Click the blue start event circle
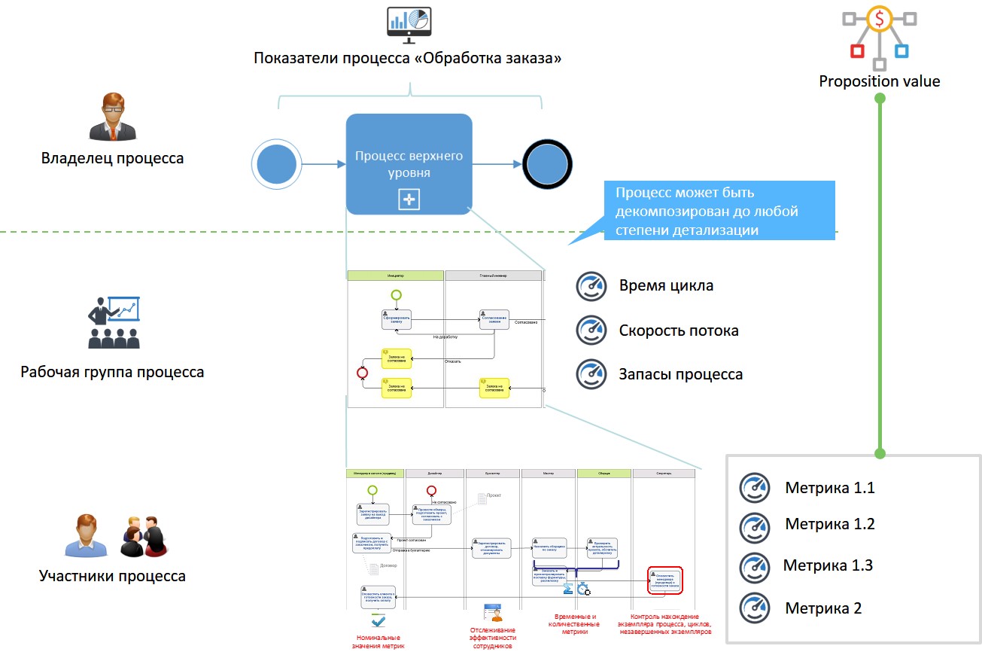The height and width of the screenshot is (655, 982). [x=277, y=164]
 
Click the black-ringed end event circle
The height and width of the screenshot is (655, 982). [x=547, y=164]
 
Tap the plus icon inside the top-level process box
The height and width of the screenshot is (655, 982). [x=409, y=200]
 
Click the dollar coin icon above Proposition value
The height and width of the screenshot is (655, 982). [x=879, y=19]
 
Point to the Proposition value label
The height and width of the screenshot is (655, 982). [x=879, y=81]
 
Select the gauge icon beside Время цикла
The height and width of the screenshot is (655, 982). [x=591, y=286]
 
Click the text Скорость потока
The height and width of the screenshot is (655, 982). [x=678, y=331]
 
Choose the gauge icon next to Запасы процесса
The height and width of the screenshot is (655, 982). [x=591, y=374]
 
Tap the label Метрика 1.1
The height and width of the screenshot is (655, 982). [x=829, y=488]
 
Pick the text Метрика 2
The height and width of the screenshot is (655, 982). [x=823, y=608]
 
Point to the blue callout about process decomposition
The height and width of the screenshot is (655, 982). [x=720, y=211]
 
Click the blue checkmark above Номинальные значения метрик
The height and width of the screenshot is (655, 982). [x=379, y=622]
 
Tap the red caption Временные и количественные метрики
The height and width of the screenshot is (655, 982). [x=572, y=624]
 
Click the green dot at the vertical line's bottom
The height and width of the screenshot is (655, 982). [x=879, y=454]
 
